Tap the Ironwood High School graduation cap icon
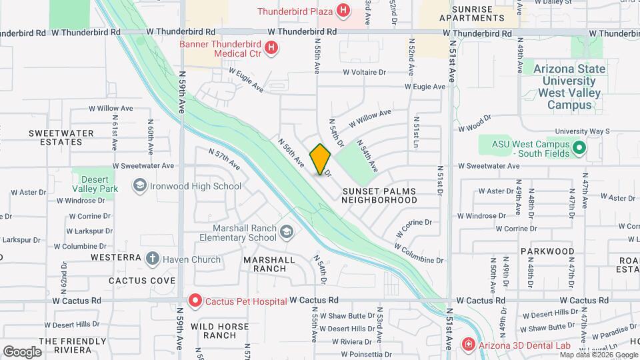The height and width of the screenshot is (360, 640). coord(140,186)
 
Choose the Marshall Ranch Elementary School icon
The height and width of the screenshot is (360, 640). coord(287,232)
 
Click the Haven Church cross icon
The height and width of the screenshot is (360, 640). coord(153,258)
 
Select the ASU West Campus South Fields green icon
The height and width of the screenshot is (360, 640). coord(579,148)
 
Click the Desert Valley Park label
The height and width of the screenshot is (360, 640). coord(99,184)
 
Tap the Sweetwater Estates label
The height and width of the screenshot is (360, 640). coord(61,137)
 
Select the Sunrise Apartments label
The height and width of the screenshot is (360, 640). coord(472,14)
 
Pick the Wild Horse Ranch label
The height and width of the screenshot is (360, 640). coord(219,331)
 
